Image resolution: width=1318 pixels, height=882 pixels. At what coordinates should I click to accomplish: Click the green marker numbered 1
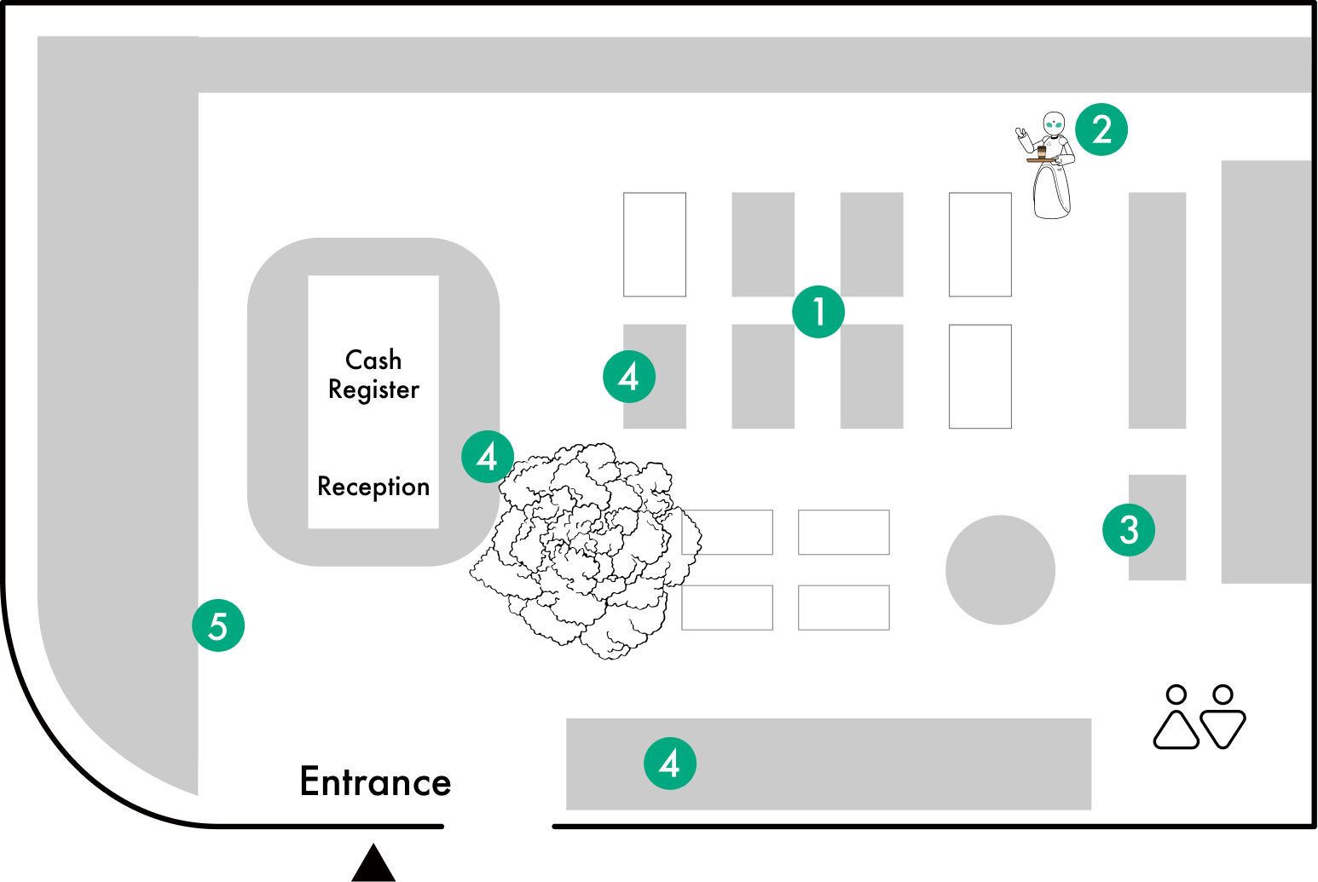point(818,312)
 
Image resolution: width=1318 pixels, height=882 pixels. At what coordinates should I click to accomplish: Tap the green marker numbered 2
point(1101,130)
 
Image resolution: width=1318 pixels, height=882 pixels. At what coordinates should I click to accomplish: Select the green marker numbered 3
point(1129,529)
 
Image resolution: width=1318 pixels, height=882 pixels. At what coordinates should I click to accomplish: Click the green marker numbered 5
point(218,625)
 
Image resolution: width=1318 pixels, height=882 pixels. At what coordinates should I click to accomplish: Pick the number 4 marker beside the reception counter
point(488,457)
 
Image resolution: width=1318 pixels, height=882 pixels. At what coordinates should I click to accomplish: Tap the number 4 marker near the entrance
point(670,763)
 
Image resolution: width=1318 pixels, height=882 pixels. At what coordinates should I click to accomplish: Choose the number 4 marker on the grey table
point(629,376)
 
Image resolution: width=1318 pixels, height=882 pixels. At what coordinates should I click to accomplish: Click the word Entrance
point(375,781)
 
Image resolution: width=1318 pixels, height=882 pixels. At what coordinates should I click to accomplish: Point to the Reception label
point(373,487)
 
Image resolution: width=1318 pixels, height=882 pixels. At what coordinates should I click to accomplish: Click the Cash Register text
point(373,374)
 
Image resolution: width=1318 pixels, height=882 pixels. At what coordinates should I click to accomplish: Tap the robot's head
point(1055,124)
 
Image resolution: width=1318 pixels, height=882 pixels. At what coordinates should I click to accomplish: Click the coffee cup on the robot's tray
point(1042,153)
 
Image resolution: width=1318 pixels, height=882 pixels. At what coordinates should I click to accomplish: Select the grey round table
point(1000,570)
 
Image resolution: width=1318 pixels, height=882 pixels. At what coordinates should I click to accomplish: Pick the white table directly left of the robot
point(980,245)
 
